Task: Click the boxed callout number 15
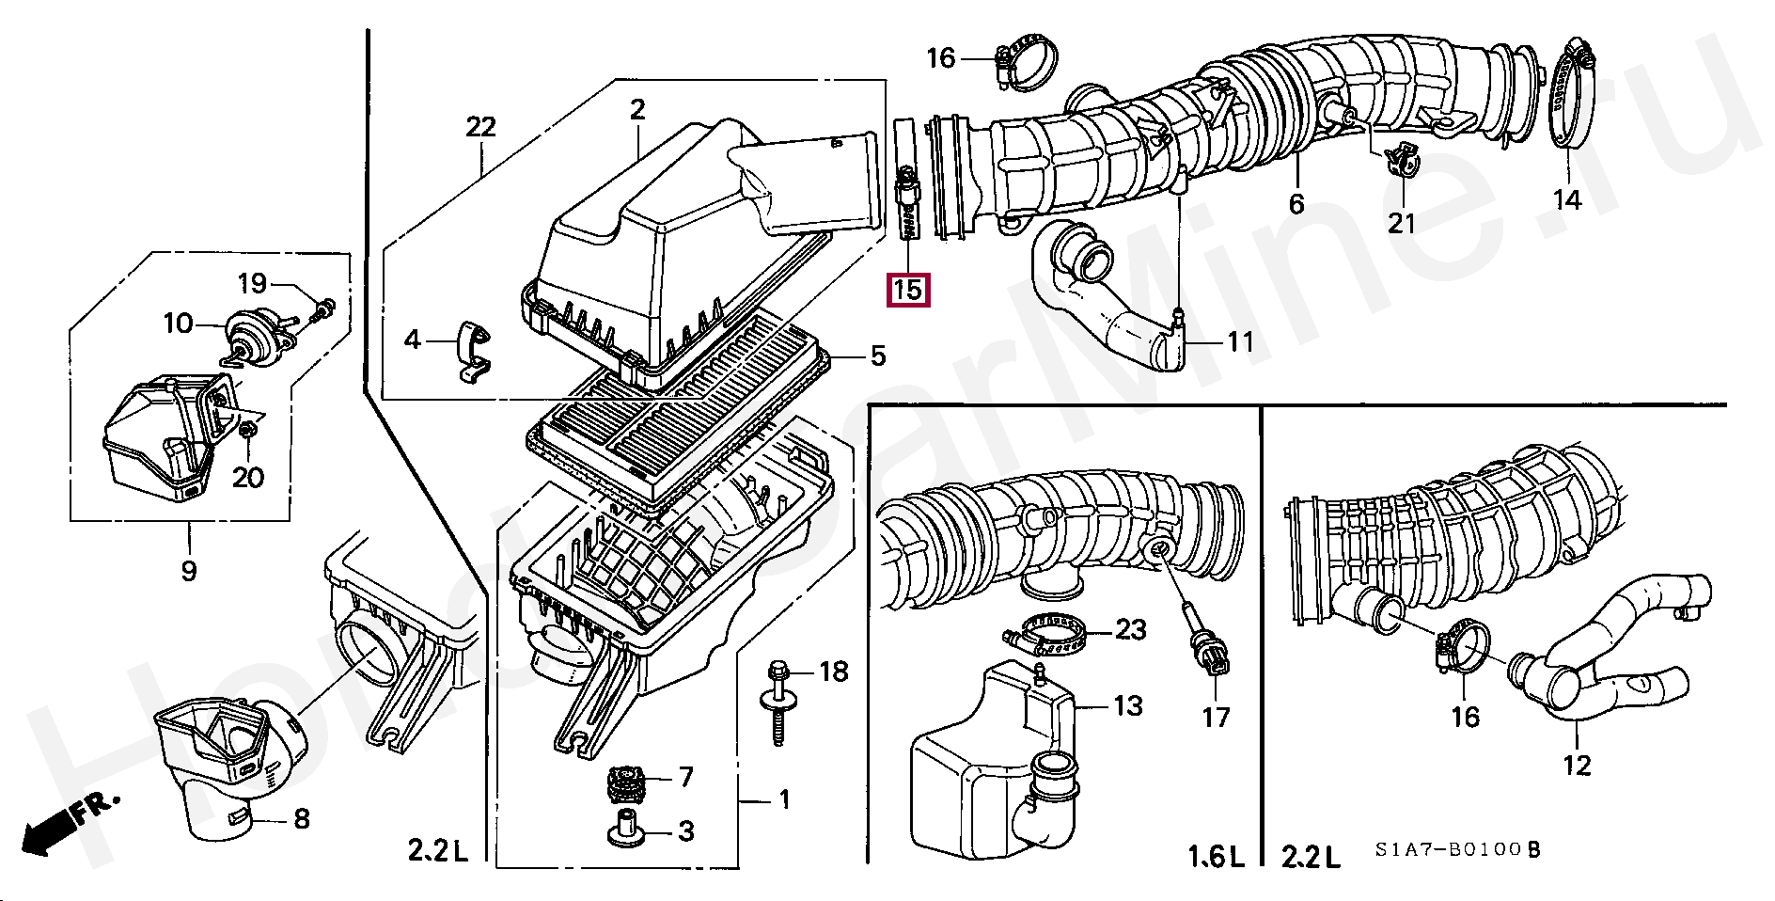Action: click(x=908, y=289)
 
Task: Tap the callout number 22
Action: click(x=480, y=127)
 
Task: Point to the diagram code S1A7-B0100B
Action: click(x=1457, y=849)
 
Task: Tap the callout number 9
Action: click(x=189, y=570)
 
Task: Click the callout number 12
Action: click(x=1577, y=766)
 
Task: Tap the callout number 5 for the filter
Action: click(x=876, y=356)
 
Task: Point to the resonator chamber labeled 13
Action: click(x=987, y=752)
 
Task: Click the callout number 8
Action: click(x=301, y=818)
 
